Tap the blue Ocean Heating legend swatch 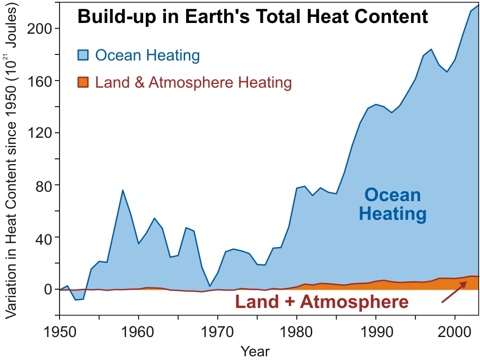point(82,55)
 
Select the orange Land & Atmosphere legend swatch point(82,83)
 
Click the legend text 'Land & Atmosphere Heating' point(193,83)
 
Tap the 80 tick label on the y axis point(45,185)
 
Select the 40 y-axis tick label point(45,237)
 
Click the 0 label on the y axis point(49,289)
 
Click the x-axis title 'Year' point(255,351)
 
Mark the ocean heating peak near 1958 point(122,190)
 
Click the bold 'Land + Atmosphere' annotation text point(322,302)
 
